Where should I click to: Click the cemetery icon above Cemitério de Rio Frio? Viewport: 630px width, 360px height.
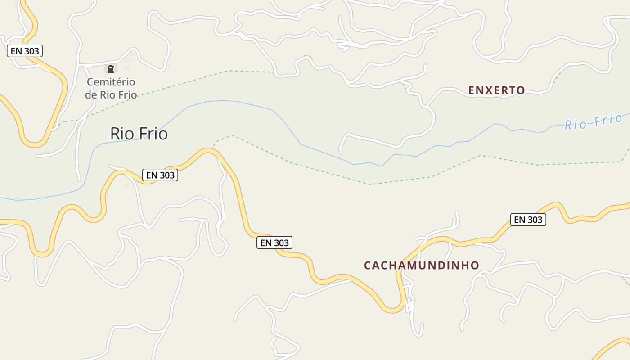point(110,69)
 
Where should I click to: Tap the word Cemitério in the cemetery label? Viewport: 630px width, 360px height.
point(111,82)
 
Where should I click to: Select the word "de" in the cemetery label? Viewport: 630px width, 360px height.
point(91,95)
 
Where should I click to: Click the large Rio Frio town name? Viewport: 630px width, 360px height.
point(139,134)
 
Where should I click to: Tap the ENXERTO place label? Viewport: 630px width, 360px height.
point(496,90)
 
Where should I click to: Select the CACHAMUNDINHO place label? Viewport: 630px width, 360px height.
point(421,265)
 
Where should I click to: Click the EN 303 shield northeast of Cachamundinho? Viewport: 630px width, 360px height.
point(528,220)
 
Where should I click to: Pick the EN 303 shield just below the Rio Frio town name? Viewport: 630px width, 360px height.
point(160,175)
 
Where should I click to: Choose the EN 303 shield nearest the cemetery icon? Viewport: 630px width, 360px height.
point(25,51)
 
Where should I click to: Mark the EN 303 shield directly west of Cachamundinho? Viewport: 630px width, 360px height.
point(274,243)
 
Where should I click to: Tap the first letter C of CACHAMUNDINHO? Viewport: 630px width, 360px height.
point(367,265)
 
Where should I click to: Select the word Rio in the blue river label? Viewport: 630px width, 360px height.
point(576,124)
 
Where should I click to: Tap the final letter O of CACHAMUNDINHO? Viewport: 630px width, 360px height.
point(475,265)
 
